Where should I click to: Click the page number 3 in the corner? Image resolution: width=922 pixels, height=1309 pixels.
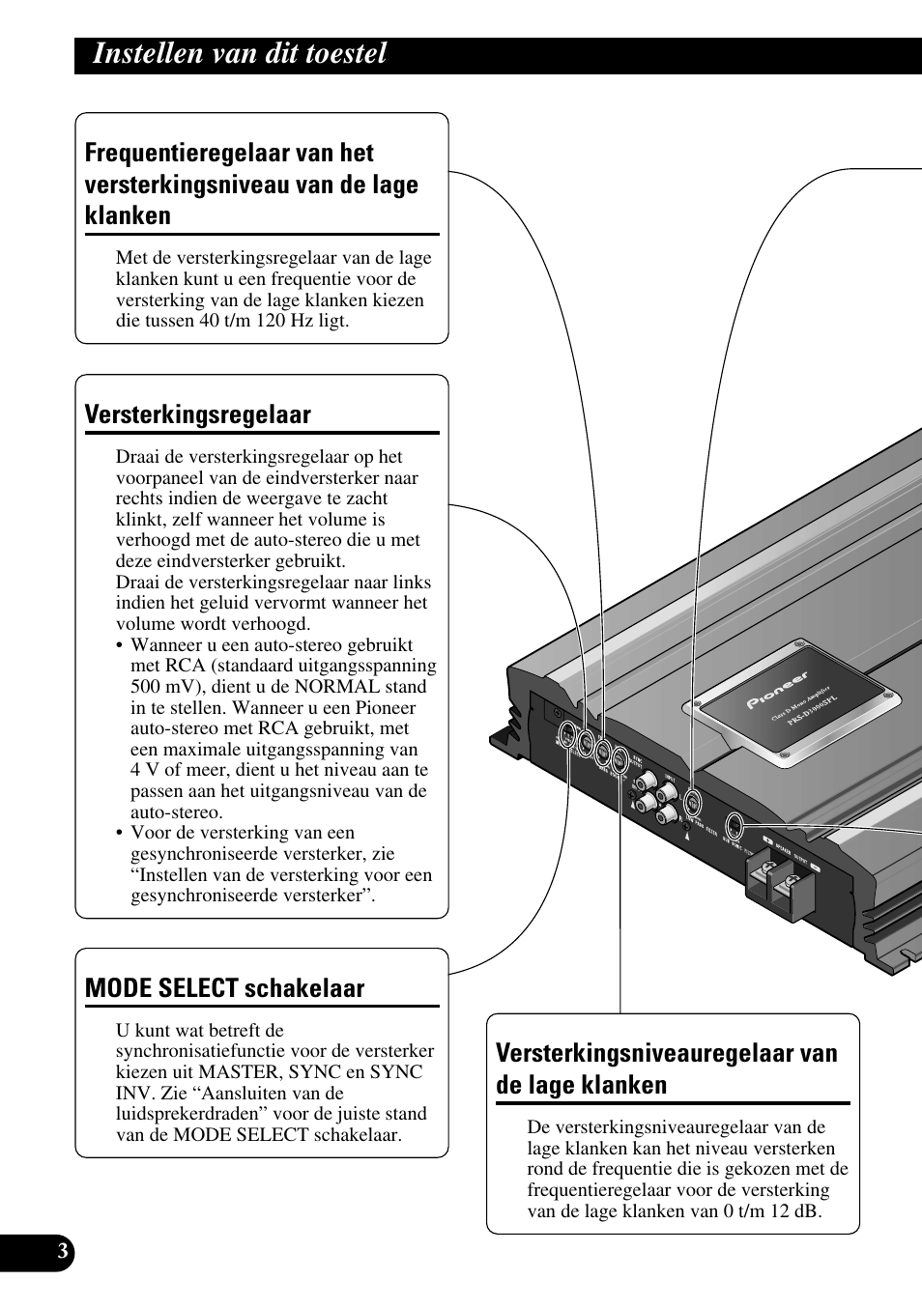point(62,1253)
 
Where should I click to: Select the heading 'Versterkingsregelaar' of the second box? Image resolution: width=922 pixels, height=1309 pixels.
point(197,414)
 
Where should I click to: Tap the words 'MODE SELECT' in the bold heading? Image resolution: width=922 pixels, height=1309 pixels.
point(161,988)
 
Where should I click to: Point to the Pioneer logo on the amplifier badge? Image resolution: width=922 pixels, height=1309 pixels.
point(777,692)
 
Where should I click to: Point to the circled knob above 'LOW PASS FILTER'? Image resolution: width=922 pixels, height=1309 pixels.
point(692,803)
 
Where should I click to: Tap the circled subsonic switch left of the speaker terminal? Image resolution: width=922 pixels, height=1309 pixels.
point(735,826)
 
